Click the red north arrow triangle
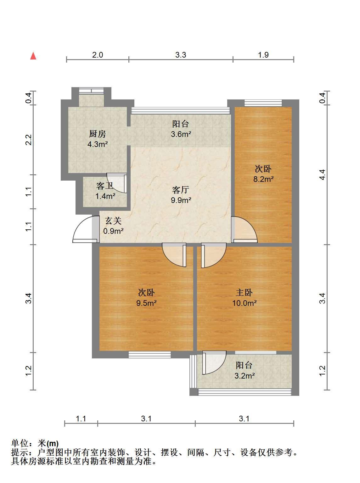coord(33,56)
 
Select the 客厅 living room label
coord(181,190)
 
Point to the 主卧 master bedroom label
coord(244,293)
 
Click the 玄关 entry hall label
coord(113,221)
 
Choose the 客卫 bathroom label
coord(104,186)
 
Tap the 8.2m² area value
coord(263,179)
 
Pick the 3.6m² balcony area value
coord(181,134)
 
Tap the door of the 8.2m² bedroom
coord(244,229)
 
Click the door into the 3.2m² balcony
coord(214,362)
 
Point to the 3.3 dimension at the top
coord(181,55)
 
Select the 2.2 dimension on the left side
coord(29,140)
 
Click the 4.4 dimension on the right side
coord(322,175)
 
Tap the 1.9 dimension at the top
coord(263,55)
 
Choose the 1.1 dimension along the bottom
coord(81,418)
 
